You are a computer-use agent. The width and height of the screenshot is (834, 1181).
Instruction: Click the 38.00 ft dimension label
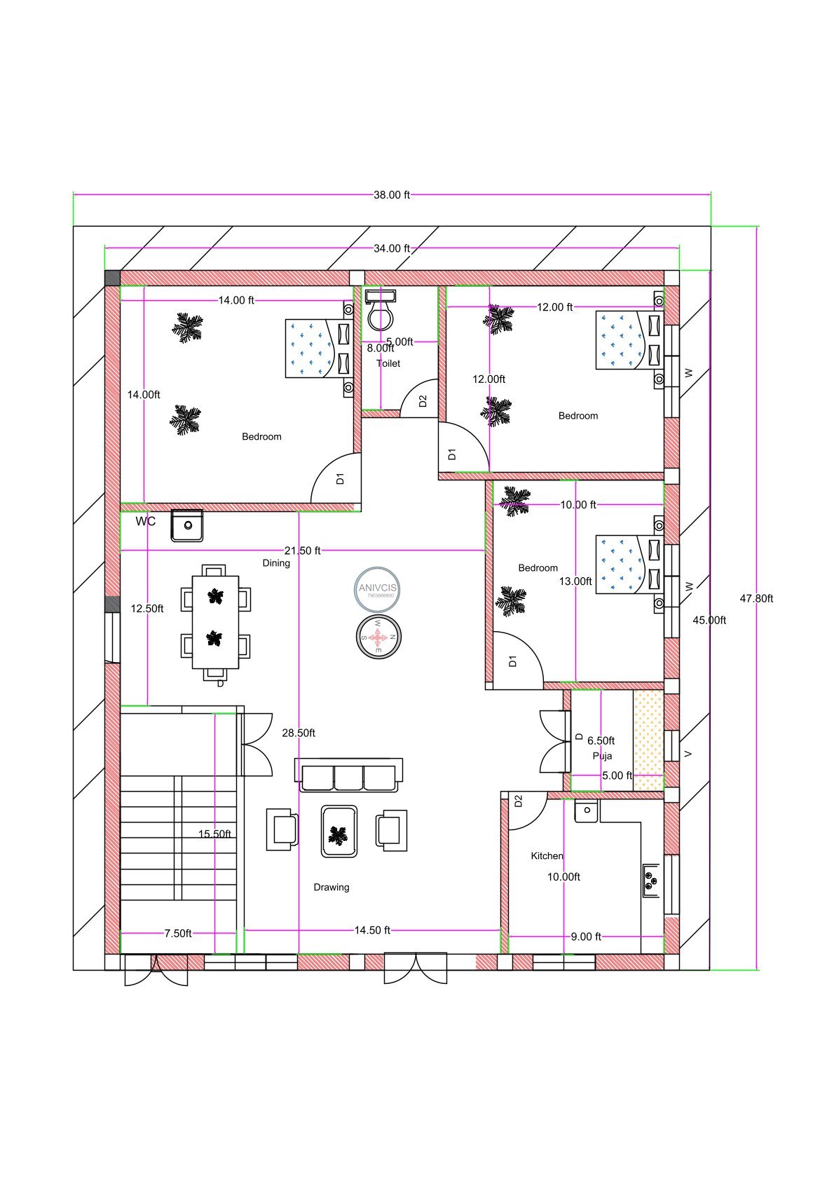(391, 195)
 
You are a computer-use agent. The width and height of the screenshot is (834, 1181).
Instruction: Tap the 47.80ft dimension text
(756, 598)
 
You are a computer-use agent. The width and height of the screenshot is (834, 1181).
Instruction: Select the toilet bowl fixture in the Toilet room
(381, 313)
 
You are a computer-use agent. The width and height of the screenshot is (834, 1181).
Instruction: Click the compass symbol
(378, 637)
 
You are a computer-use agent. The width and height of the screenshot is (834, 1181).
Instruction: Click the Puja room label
(602, 755)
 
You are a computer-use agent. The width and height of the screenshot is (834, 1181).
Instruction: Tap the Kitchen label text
(547, 856)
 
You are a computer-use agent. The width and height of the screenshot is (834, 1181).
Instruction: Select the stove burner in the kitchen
(650, 881)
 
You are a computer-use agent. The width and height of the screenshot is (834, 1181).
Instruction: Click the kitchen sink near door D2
(586, 810)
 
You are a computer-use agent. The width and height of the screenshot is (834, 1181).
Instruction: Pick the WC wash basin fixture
(187, 525)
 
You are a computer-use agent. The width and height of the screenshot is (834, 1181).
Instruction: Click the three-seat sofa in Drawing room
(348, 776)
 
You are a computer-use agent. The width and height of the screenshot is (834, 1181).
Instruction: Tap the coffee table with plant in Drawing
(339, 832)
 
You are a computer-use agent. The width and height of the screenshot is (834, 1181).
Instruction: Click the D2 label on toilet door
(423, 401)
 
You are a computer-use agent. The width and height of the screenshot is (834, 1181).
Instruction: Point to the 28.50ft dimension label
(299, 733)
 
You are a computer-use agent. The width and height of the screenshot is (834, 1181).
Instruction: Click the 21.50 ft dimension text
(302, 551)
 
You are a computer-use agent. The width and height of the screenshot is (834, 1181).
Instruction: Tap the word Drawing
(331, 887)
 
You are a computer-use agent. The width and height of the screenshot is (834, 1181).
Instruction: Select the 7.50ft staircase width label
(177, 933)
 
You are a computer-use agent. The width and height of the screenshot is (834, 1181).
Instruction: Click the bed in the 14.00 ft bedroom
(319, 348)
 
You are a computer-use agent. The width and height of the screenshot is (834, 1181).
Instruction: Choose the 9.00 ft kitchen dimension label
(586, 936)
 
